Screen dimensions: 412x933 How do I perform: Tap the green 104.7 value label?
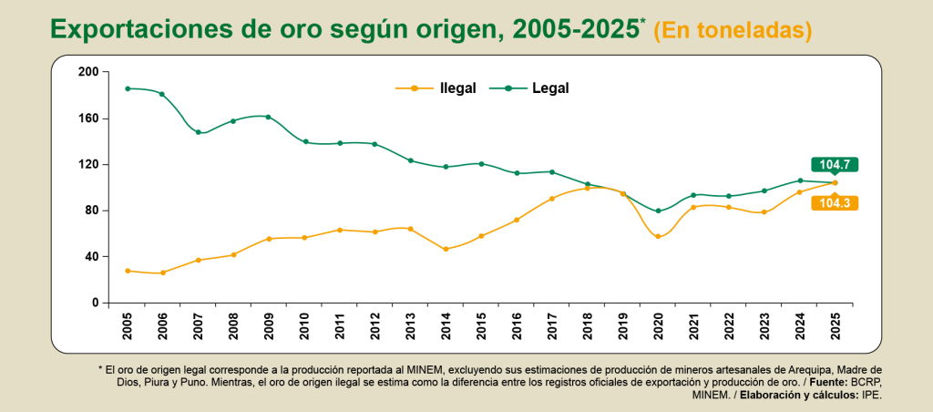coord(834,165)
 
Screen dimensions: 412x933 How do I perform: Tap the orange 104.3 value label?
coord(834,203)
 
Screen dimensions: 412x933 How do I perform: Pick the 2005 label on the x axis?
coord(128,325)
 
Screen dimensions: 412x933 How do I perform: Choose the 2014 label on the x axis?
coord(446,325)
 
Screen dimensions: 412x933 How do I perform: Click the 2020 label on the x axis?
coord(658,325)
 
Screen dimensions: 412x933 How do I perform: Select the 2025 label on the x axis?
coord(835,325)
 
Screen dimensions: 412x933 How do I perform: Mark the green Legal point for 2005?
coord(128,88)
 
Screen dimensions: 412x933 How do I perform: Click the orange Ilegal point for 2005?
coord(128,271)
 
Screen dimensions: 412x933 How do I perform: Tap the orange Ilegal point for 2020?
coord(658,236)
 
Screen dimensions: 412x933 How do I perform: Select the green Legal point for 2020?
coord(658,211)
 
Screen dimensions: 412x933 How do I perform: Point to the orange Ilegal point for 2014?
coord(446,249)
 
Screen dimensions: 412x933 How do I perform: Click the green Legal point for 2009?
coord(269,117)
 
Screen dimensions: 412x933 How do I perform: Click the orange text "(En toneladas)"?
coord(732,30)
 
